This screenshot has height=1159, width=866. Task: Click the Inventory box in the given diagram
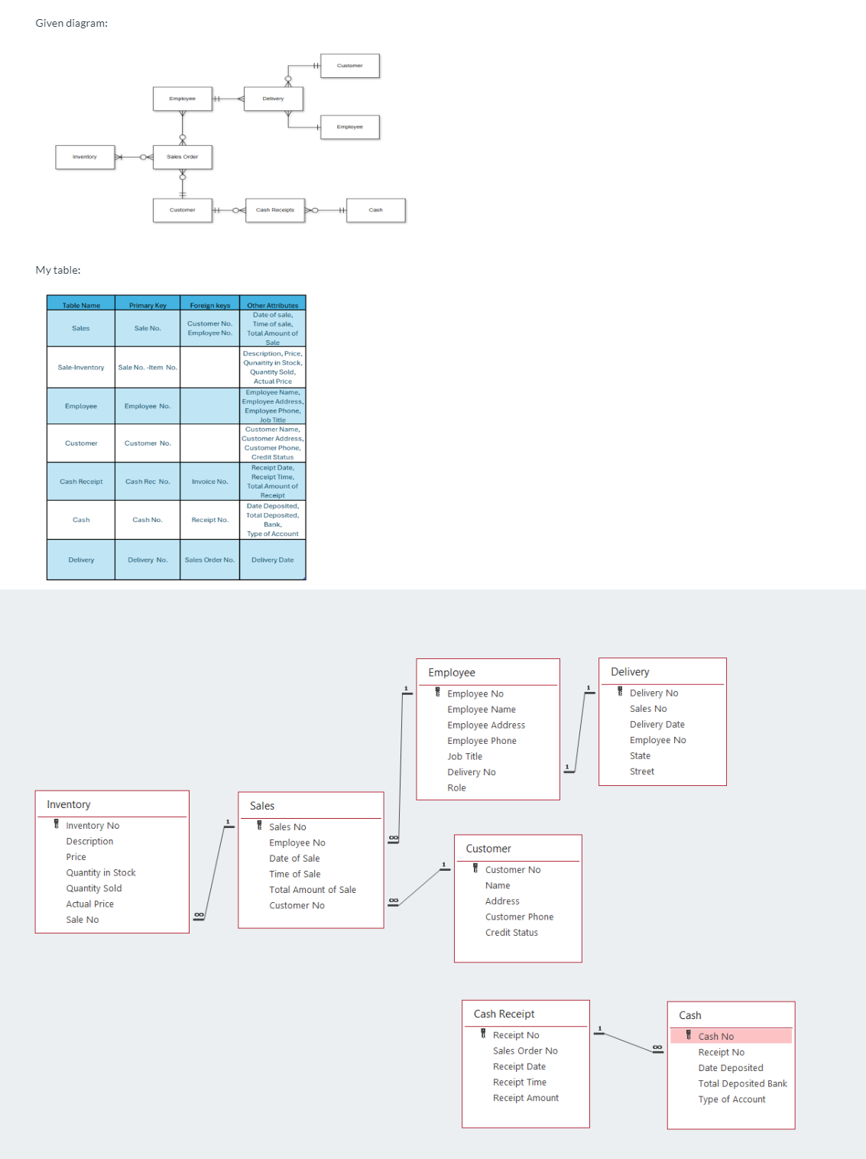coord(85,157)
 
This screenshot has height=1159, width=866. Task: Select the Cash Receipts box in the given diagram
coord(275,209)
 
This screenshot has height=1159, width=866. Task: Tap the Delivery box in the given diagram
coord(273,99)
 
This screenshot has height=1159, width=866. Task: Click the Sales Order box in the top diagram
coord(182,157)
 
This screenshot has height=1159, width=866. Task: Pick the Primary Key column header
coord(148,305)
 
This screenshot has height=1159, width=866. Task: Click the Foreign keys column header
coord(210,305)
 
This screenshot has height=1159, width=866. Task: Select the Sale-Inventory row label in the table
coord(81,368)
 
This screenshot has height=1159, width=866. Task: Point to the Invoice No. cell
coord(210,482)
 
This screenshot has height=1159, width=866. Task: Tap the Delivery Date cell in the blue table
coord(273,560)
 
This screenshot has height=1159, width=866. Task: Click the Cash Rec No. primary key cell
coord(148,482)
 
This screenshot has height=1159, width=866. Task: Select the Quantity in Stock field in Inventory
coord(101,873)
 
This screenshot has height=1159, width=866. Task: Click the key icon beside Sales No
coord(260,826)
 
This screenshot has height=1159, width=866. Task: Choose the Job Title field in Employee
coord(465,757)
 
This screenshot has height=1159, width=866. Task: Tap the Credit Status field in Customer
coord(511,933)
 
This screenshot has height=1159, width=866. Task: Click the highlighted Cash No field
coord(716,1037)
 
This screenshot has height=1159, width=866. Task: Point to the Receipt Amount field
coord(526,1099)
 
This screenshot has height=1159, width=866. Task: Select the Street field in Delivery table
coord(642,772)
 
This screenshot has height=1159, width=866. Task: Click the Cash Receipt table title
coord(504,1015)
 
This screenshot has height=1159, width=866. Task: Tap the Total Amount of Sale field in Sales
coord(313,890)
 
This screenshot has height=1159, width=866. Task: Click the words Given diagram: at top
coord(72,24)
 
